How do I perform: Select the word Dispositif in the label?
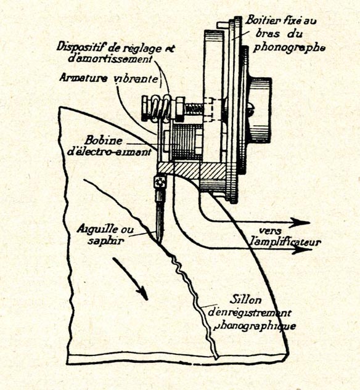[x=79, y=47]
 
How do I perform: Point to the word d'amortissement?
[x=110, y=59]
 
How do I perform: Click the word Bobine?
[x=104, y=140]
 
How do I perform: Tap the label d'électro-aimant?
[x=109, y=152]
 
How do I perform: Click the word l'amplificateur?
[x=285, y=242]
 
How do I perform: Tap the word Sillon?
[x=245, y=299]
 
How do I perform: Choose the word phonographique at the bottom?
[x=255, y=326]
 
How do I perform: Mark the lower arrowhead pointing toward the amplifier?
[x=301, y=249]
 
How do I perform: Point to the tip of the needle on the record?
[x=159, y=242]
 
